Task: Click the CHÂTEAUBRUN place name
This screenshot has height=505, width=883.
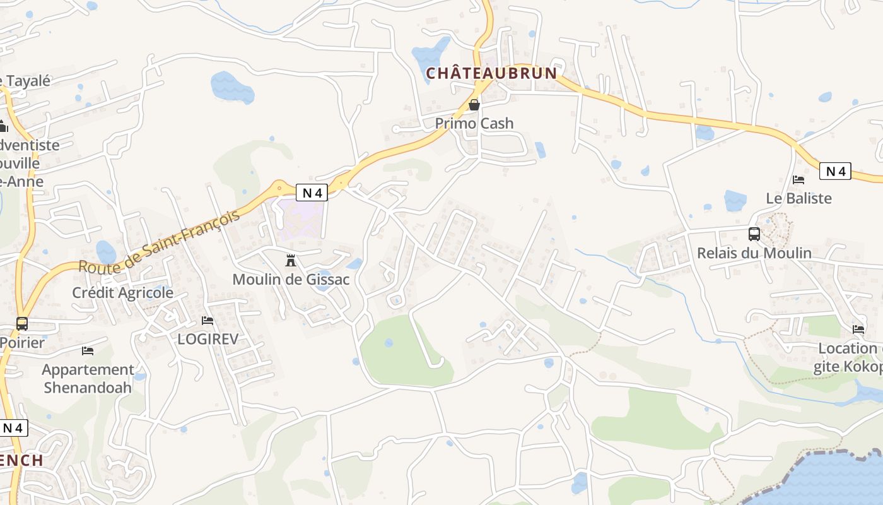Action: tap(491, 73)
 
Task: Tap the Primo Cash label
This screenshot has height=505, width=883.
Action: tap(474, 123)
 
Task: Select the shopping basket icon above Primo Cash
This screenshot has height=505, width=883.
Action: tap(474, 104)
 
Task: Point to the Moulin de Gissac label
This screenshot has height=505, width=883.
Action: tap(291, 279)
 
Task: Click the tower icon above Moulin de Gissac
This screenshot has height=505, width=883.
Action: tap(291, 260)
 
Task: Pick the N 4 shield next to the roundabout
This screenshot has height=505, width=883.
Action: tap(312, 193)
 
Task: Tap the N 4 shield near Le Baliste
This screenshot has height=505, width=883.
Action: tap(836, 171)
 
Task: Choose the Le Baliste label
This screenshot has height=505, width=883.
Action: tap(798, 198)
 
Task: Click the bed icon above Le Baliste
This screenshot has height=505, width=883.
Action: tap(798, 179)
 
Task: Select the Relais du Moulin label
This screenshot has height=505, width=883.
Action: tap(754, 253)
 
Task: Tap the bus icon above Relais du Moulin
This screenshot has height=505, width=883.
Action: tap(754, 234)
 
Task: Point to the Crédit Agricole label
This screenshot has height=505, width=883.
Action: tap(122, 293)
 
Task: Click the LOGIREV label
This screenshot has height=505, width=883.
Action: tap(208, 339)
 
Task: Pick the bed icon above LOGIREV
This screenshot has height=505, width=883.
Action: tap(208, 321)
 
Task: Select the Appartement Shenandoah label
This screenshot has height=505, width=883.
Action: tap(88, 377)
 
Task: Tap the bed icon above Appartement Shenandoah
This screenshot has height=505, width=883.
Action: tap(88, 350)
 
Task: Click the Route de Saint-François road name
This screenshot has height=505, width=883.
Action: tap(159, 242)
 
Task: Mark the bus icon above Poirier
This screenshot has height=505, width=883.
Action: tap(22, 324)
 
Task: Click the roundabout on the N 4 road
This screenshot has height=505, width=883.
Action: tap(279, 187)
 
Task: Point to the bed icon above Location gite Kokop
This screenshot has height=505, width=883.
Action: tap(858, 329)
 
